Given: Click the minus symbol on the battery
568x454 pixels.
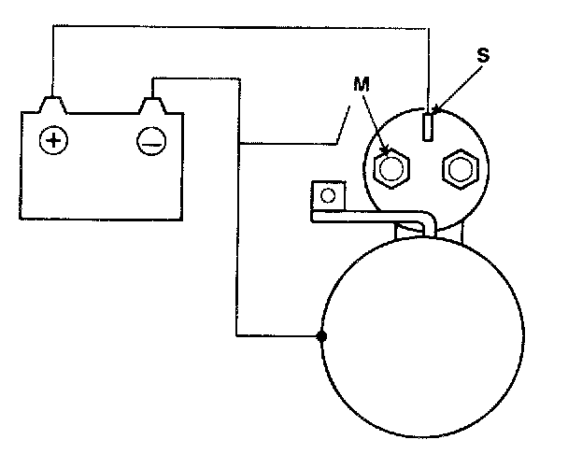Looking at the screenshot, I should pyautogui.click(x=150, y=141).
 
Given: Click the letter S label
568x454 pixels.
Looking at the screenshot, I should pyautogui.click(x=483, y=55).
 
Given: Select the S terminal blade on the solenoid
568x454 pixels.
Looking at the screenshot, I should pyautogui.click(x=428, y=124).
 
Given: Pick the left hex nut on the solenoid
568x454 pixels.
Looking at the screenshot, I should pyautogui.click(x=391, y=168).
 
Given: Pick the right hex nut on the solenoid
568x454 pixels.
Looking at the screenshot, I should pyautogui.click(x=460, y=168).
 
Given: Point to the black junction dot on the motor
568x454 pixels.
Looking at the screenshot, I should pyautogui.click(x=321, y=336).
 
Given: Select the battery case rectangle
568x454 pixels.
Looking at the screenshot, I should pyautogui.click(x=102, y=177).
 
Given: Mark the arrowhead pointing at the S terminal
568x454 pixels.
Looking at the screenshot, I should pyautogui.click(x=435, y=115).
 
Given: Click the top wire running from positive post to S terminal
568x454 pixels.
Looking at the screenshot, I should pyautogui.click(x=234, y=28).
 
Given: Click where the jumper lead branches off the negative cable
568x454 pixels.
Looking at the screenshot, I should pyautogui.click(x=240, y=144).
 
